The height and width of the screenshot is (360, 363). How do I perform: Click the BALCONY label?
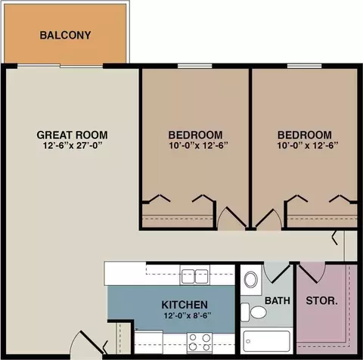65,36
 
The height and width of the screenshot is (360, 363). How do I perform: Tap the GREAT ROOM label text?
72,135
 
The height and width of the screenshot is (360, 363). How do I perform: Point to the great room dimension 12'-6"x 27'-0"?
73,146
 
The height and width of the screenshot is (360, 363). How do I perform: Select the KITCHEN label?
185,305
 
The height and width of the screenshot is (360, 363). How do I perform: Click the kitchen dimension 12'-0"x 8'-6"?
188,315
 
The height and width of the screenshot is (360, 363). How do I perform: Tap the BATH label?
278,300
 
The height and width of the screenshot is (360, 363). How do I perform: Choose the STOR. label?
321,300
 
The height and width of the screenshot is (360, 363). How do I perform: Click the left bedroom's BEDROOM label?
195,135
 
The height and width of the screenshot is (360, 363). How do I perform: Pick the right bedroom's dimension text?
308,146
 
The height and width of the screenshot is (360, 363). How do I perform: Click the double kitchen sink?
195,276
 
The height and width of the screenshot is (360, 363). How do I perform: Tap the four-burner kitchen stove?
200,343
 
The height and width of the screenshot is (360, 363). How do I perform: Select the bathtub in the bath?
267,341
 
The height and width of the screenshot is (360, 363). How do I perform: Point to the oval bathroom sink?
251,279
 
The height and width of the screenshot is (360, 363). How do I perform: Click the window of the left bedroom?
195,66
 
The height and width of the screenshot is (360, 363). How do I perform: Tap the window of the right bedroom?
305,66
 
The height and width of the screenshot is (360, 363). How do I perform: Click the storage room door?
312,272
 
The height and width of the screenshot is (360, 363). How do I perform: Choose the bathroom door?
276,272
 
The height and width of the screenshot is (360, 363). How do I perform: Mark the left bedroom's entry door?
232,219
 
